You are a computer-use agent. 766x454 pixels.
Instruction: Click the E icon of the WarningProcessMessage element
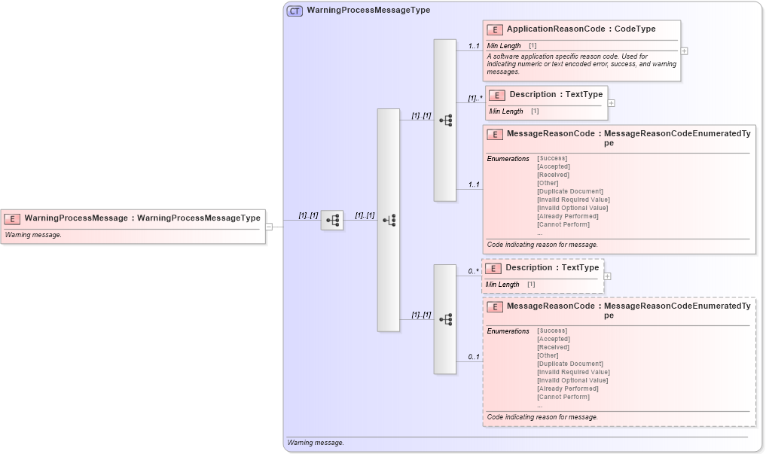coord(12,218)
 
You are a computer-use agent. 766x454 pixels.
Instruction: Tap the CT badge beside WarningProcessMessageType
coord(294,11)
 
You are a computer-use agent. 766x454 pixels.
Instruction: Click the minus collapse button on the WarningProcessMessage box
coord(269,226)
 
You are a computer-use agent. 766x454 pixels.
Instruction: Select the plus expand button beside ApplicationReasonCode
coord(684,51)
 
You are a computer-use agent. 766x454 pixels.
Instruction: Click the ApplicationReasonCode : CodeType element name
coord(581,29)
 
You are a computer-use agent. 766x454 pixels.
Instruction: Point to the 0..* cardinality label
coord(473,271)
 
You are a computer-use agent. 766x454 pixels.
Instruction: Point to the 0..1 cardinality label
coord(473,357)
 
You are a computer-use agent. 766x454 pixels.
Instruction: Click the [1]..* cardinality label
coord(475,98)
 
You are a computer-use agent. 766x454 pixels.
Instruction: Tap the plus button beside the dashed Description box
coord(607,276)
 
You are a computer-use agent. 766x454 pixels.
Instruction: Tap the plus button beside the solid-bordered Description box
coord(611,103)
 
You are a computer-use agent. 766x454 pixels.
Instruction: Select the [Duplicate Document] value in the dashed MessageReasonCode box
coord(570,364)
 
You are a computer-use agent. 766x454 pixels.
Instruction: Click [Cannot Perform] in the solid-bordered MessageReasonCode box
coord(563,224)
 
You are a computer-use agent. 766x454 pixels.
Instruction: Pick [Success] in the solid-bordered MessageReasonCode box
coord(552,158)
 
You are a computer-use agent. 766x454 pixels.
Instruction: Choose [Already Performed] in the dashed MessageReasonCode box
coord(568,388)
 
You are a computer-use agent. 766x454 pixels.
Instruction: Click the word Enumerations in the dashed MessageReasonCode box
coord(508,331)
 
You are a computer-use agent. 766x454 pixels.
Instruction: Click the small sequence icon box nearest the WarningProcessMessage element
coord(332,221)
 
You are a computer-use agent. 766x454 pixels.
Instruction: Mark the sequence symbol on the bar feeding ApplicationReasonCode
coord(445,120)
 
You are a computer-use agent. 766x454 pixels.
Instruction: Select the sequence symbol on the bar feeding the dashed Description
coord(445,319)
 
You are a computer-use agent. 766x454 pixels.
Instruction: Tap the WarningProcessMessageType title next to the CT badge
coord(368,11)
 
